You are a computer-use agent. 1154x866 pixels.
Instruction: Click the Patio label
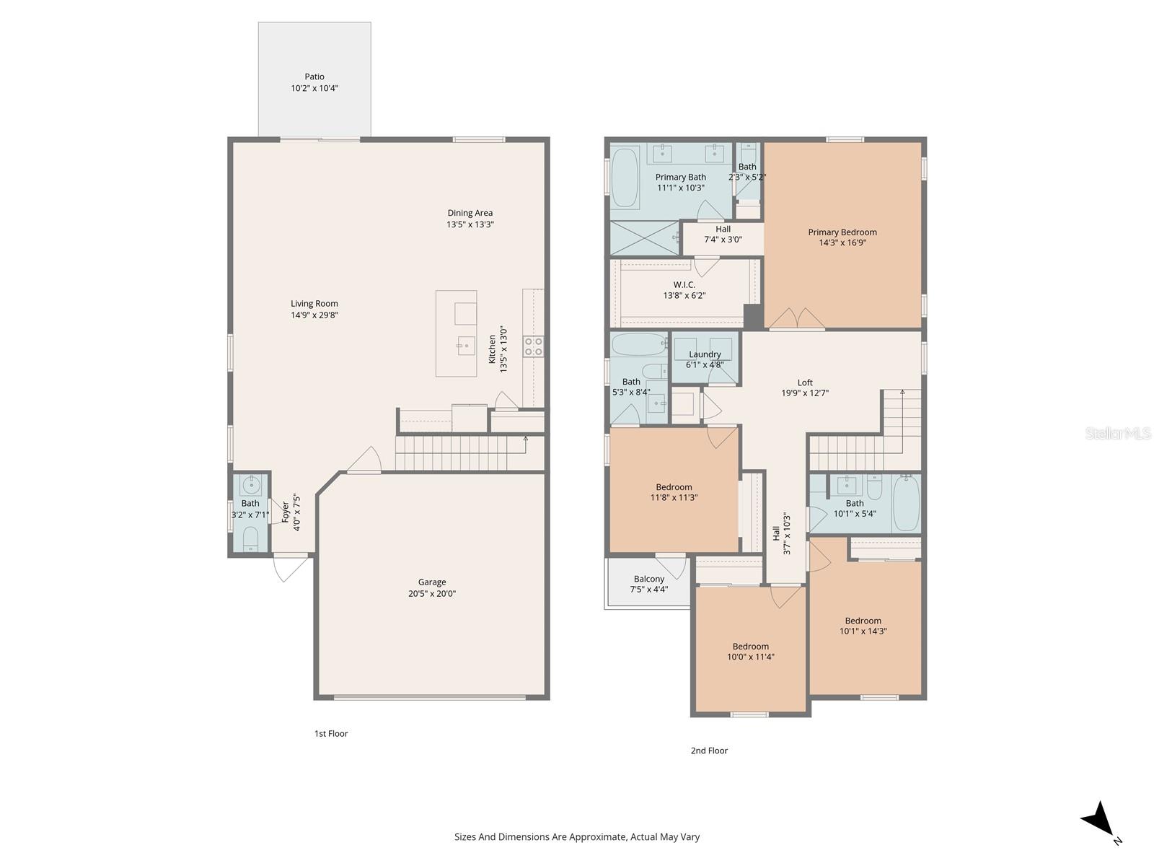[314, 76]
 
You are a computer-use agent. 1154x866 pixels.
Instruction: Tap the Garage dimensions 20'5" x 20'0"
[432, 594]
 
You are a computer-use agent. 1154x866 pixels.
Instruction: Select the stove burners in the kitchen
[533, 346]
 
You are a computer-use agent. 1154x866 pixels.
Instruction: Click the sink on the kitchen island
[466, 346]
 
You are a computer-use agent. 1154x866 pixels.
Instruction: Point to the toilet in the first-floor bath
[250, 538]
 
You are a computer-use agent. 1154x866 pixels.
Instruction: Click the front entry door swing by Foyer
[291, 567]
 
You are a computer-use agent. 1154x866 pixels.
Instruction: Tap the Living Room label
[314, 304]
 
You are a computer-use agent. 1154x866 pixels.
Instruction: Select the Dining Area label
[470, 213]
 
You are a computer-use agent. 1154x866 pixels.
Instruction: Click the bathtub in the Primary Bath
[625, 177]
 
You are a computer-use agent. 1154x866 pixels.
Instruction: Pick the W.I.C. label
[684, 285]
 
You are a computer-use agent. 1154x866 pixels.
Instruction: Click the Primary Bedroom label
[842, 232]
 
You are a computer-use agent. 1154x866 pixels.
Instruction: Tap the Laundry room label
[705, 354]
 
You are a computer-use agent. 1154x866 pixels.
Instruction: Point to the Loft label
[805, 382]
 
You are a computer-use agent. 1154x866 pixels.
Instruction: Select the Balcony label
[649, 579]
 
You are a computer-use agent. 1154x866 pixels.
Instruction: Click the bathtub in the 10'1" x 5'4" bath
[906, 503]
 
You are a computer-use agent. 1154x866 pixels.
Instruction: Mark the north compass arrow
[1098, 822]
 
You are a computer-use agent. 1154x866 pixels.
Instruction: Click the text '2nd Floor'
[709, 751]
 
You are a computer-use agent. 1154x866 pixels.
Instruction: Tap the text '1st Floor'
[330, 733]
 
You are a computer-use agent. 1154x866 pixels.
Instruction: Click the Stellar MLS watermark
[1117, 434]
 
